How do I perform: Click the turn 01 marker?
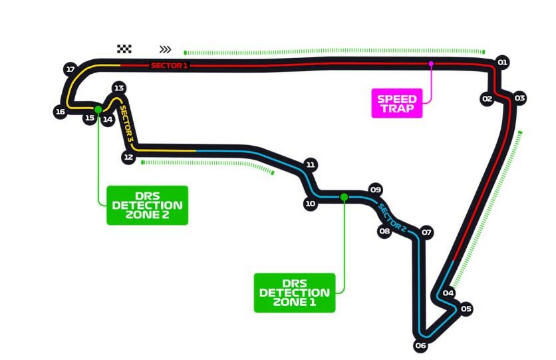[x=503, y=63]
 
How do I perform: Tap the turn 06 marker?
[x=420, y=345]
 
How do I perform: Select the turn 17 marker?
[x=70, y=69]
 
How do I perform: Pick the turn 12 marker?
[x=129, y=157]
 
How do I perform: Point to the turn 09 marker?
[x=376, y=189]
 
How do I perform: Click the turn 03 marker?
[x=520, y=98]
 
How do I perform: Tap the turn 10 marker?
[x=310, y=204]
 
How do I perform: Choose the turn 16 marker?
[x=61, y=112]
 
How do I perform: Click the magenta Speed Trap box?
[x=397, y=103]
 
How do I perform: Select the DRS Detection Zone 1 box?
[x=295, y=293]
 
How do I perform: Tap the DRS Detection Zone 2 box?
[x=147, y=205]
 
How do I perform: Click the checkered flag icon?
[x=124, y=49]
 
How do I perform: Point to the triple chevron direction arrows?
[x=166, y=49]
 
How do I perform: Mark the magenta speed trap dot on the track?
[x=431, y=64]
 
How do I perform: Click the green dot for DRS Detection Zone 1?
[x=344, y=197]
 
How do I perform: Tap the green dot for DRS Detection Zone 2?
[x=98, y=109]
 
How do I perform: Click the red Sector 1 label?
[x=170, y=65]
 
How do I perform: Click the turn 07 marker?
[x=427, y=233]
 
